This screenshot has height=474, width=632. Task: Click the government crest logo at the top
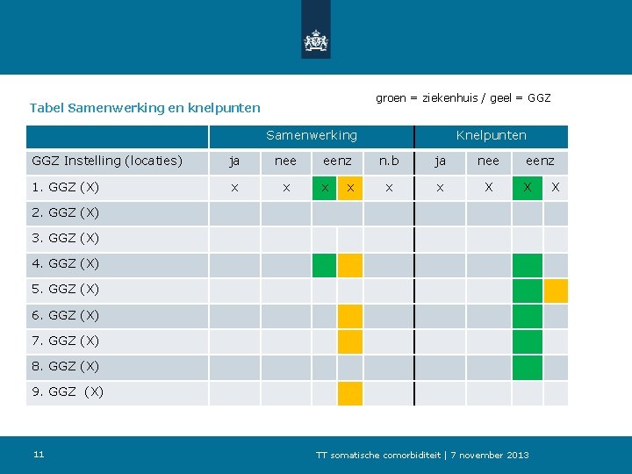pos(315,40)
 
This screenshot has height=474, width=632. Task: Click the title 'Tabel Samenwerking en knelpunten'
pos(145,108)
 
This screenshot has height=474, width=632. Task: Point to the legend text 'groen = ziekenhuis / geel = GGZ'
pos(463,97)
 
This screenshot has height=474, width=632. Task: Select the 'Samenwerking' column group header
pos(312,135)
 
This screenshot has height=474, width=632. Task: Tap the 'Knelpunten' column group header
pos(491,135)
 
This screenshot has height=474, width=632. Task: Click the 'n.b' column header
pos(388,161)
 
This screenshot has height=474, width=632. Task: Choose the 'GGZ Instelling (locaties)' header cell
pos(107,161)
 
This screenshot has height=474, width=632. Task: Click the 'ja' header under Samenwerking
pos(233,161)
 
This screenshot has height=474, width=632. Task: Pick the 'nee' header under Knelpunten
pos(488,161)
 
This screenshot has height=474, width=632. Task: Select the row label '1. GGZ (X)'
pos(66,187)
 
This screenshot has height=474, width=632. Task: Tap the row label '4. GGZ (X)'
pos(66,263)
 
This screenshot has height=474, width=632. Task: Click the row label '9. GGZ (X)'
pos(68,391)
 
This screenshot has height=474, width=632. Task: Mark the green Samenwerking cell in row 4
pos(324,265)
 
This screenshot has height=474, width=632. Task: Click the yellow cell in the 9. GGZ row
pos(350,392)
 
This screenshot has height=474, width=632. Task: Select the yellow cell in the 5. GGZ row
pos(556,291)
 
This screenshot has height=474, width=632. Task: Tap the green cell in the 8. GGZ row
pos(527,367)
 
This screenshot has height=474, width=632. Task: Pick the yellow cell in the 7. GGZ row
pos(350,341)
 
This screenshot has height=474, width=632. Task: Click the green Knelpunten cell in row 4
pos(527,265)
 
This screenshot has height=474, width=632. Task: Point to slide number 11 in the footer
pos(39,454)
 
